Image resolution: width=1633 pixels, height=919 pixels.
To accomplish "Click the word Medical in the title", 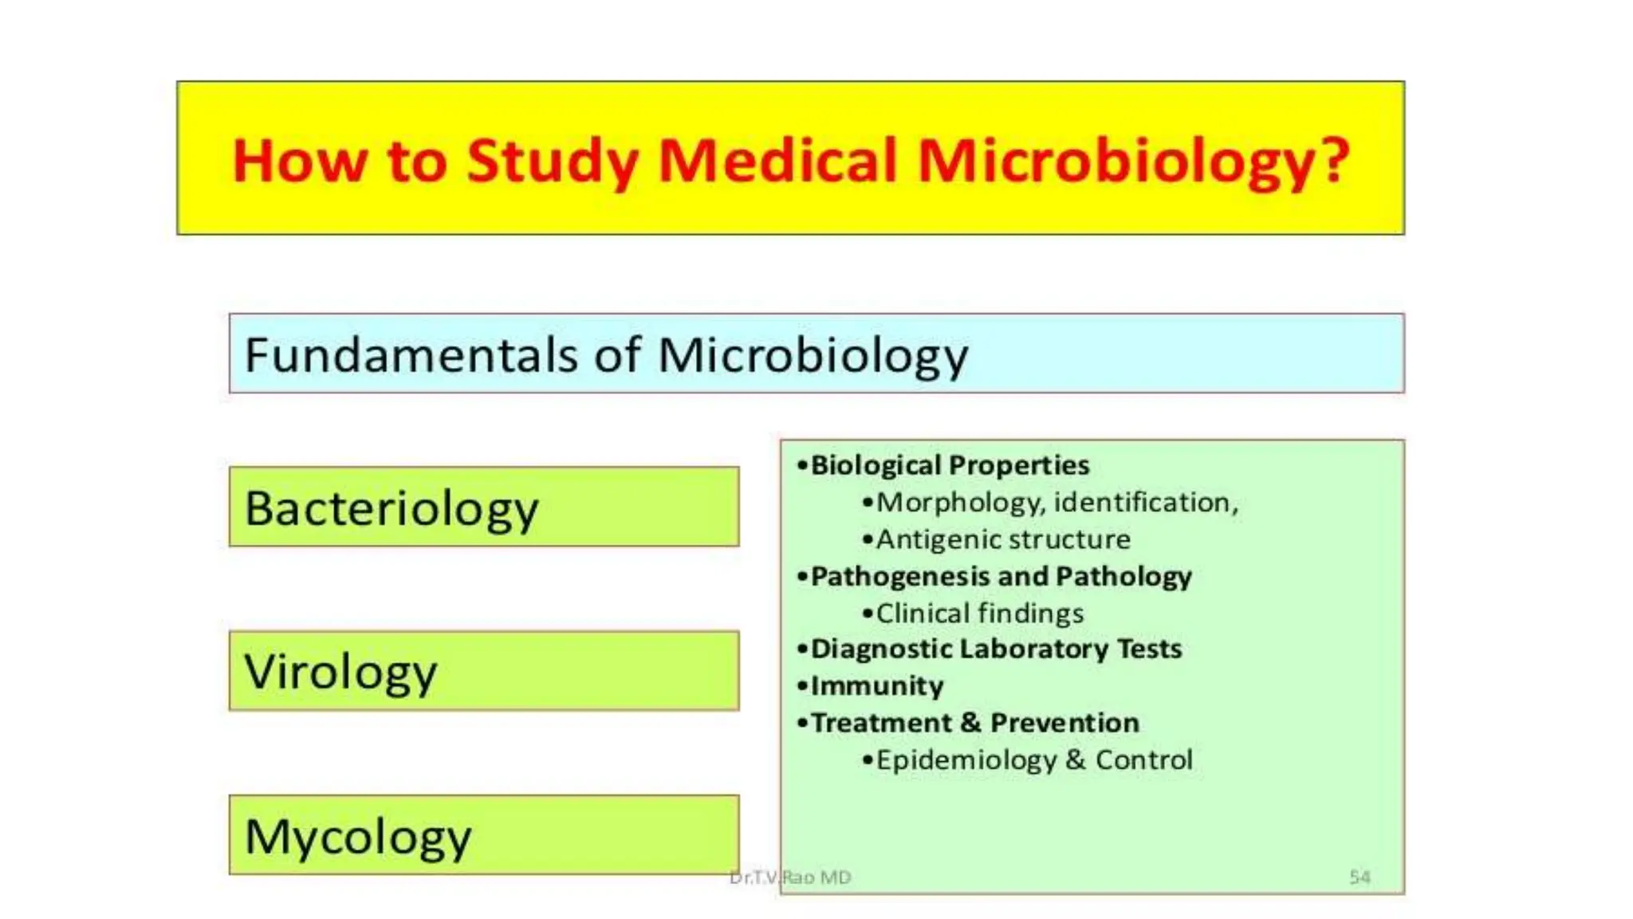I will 778,161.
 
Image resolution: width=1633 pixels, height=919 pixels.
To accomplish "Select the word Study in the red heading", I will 553,163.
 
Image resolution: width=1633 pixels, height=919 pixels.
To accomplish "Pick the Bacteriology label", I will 392,509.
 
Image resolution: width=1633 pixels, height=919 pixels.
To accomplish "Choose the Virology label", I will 340,672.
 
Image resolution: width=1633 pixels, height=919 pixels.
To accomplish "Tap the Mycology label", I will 358,837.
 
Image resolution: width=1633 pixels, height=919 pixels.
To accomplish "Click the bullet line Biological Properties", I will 949,465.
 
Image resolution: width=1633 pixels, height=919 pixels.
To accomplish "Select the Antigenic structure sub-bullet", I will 1003,540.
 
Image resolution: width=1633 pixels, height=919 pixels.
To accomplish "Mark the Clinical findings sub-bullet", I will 980,613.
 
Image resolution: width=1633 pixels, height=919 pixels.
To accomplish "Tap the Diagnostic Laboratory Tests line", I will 996,649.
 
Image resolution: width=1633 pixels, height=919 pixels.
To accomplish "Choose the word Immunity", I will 877,686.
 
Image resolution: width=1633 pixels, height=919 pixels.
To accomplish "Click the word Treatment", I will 881,723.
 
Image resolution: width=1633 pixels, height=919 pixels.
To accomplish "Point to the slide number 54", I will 1360,878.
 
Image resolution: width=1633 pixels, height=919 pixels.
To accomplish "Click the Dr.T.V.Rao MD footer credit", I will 790,878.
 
